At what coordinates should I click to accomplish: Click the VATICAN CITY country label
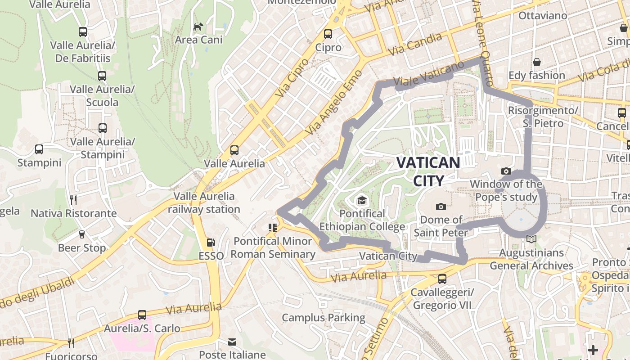point(428,171)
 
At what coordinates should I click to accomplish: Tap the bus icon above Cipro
point(328,34)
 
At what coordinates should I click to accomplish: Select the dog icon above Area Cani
point(198,27)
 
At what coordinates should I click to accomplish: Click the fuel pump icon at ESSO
point(211,243)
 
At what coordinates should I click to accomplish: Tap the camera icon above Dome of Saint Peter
point(441,207)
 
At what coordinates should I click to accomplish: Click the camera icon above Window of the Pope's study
point(506,171)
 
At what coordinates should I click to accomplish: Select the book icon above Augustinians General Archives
point(531,239)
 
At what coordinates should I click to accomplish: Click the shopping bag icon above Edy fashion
point(536,62)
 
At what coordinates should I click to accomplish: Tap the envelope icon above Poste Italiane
point(232,342)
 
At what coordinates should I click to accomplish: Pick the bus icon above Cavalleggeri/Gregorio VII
point(442,279)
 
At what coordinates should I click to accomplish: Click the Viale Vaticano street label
point(428,74)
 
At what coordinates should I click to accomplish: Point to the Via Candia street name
point(417,44)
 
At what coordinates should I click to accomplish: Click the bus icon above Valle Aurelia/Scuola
point(102,76)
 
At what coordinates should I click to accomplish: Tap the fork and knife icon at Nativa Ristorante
point(73,200)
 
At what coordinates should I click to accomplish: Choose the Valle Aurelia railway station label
point(204,202)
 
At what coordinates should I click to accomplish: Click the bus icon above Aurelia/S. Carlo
point(142,315)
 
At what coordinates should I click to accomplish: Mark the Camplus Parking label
point(324,318)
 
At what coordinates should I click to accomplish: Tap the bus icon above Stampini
point(39,149)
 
